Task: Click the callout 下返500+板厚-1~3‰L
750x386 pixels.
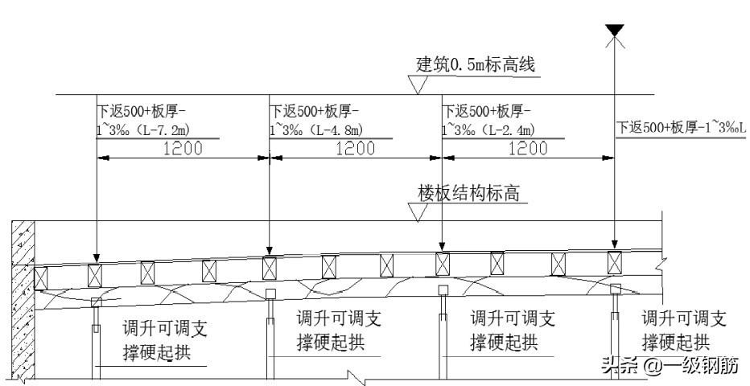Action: tap(682, 127)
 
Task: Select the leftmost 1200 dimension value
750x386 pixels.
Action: tap(183, 148)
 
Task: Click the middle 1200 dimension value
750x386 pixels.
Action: tap(355, 148)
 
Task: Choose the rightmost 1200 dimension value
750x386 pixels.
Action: tap(528, 148)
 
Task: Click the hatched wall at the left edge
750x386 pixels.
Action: tap(20, 298)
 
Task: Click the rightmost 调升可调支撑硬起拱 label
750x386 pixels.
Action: tap(685, 328)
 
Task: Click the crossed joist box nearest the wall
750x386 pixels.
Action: tap(40, 277)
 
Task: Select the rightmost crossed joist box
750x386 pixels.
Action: tap(615, 262)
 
